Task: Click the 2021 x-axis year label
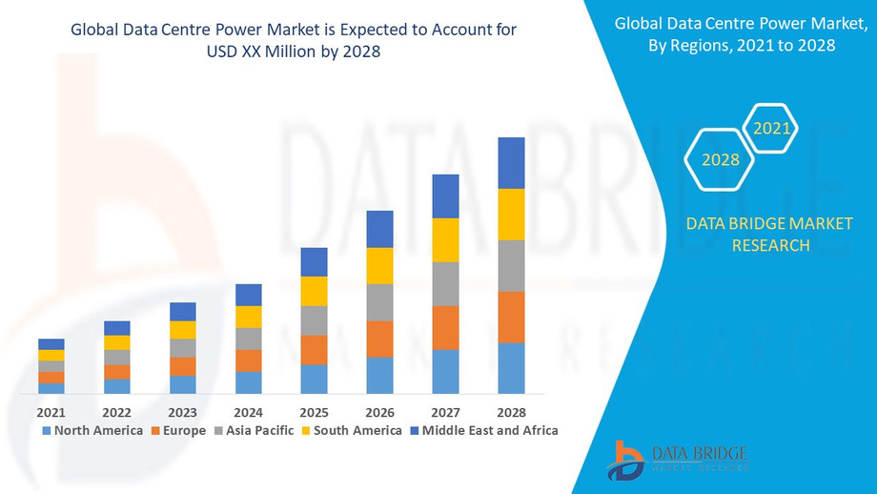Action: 51,412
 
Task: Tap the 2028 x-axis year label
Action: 511,412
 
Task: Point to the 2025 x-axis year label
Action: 314,412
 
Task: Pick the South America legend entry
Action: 351,430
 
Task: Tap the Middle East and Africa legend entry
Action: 483,430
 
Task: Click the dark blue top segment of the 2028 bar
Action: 511,163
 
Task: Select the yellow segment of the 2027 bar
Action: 445,239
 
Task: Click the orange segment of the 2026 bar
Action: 379,339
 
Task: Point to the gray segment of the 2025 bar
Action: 314,320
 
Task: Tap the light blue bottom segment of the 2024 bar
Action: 248,381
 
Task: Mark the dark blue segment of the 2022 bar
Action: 116,328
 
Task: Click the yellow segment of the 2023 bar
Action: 182,330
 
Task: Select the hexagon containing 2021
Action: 770,127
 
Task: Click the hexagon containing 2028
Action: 720,159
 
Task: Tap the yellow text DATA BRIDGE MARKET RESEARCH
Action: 770,235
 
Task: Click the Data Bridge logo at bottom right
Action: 677,459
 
